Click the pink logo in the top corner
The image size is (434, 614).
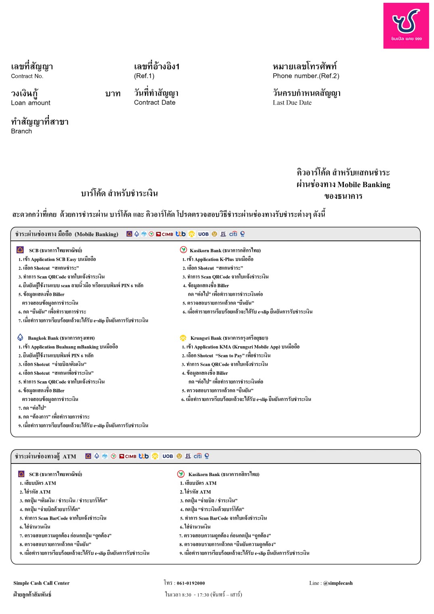pos(406,26)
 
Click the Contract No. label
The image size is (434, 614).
pos(27,76)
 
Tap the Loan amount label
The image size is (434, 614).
pos(31,103)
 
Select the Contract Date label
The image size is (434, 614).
pos(154,102)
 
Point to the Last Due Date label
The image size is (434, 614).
pos(292,103)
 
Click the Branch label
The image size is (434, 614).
pos(21,131)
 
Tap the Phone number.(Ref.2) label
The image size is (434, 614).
pos(306,76)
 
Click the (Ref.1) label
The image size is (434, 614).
pos(144,76)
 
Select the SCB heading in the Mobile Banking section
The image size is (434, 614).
pos(55,251)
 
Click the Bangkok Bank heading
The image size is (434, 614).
pos(61,338)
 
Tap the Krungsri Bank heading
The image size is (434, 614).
pos(229,338)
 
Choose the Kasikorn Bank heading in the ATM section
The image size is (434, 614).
pos(224,474)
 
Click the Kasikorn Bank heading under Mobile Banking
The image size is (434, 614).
pos(225,251)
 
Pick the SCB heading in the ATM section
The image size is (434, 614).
pos(55,474)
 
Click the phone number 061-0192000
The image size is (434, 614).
pos(190,583)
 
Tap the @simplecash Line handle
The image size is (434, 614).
pos(338,583)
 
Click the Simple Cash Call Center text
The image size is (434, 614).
pos(41,583)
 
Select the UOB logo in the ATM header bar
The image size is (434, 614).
pos(167,456)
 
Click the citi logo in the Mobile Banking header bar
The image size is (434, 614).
pos(233,234)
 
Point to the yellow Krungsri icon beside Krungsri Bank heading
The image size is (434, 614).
pos(183,338)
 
